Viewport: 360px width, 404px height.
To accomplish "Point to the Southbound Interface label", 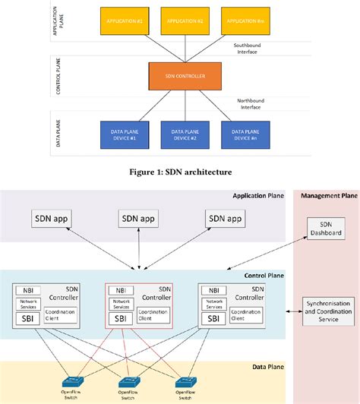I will tap(248, 48).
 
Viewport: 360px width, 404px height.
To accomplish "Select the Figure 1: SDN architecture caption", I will tap(179, 172).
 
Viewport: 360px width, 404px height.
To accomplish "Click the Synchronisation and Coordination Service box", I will tap(328, 311).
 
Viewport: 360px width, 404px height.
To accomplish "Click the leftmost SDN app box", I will tap(52, 219).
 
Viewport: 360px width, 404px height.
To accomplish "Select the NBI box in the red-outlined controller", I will tap(118, 290).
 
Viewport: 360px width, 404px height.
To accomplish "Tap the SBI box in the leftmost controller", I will tap(28, 317).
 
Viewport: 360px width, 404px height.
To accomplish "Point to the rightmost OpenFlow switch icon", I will tap(183, 382).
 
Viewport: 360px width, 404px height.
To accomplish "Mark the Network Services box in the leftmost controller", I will tap(28, 303).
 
